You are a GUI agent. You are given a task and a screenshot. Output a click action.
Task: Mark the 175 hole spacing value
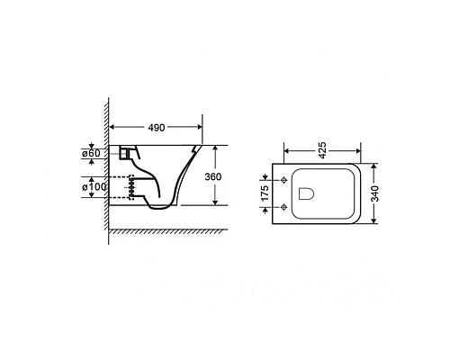tap(265, 193)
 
